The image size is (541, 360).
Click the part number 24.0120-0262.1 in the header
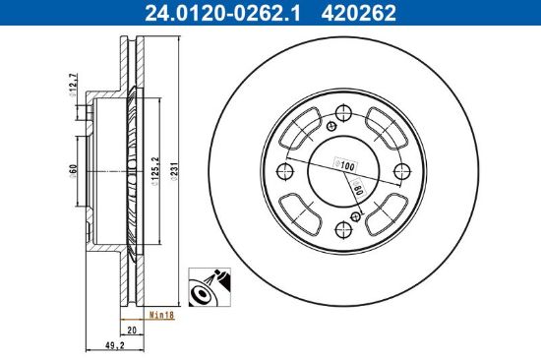(222, 13)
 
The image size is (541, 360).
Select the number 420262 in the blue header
(359, 13)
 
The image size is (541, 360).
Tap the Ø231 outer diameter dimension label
(174, 171)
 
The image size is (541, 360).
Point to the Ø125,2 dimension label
(155, 171)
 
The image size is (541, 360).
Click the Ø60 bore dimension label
(73, 171)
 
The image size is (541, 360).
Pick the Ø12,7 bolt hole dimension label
(73, 85)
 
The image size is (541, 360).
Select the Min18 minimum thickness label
(161, 315)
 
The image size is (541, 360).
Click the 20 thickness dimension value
(132, 330)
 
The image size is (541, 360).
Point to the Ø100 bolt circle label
(345, 165)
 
